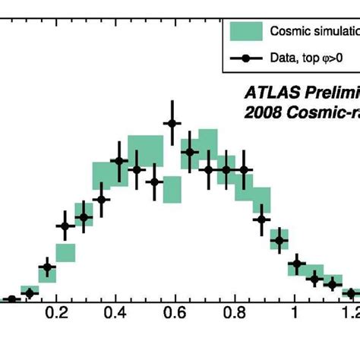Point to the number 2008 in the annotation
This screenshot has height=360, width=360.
pos(262,114)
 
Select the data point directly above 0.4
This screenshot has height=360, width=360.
pos(118,160)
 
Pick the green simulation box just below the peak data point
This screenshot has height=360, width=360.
pos(172,190)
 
